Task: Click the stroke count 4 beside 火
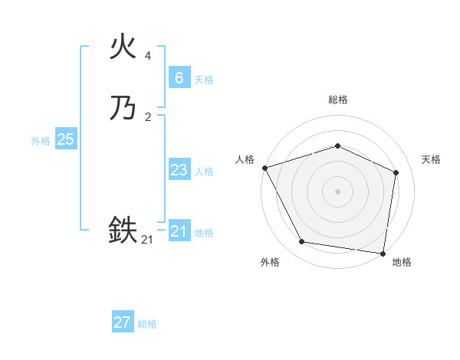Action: click(148, 56)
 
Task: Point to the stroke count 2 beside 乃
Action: click(148, 116)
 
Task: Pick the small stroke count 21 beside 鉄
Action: click(147, 240)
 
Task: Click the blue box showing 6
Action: click(179, 77)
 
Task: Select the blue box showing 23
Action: click(179, 170)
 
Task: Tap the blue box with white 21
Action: click(179, 231)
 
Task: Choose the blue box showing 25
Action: click(65, 139)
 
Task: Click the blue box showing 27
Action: click(122, 322)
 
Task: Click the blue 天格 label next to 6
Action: click(204, 79)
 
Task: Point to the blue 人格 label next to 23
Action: click(204, 172)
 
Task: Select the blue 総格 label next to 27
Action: click(147, 324)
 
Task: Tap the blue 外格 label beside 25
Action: click(41, 141)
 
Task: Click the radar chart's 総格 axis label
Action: click(337, 100)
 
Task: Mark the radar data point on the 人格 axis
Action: click(264, 168)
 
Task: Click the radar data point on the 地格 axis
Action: click(383, 253)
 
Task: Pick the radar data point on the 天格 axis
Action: click(396, 172)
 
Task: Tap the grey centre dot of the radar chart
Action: click(337, 191)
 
